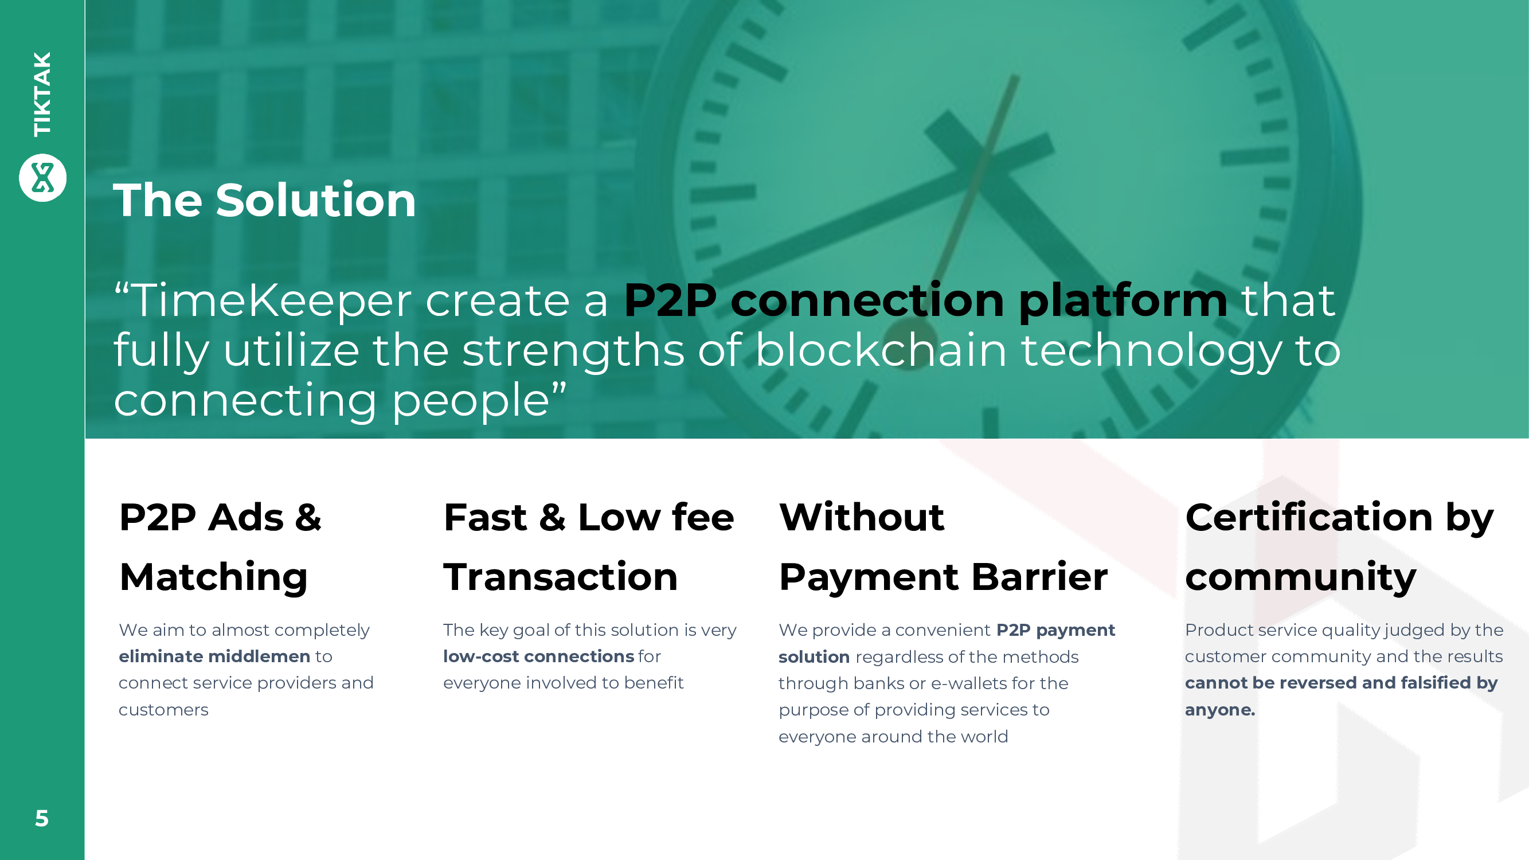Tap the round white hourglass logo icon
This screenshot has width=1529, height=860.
tap(43, 178)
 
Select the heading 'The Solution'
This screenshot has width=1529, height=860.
tap(265, 200)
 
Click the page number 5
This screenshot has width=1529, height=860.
tap(41, 819)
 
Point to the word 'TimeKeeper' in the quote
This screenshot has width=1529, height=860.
tap(271, 300)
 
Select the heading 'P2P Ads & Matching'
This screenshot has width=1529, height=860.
tap(220, 546)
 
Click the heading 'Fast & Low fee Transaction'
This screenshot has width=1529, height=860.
tap(589, 546)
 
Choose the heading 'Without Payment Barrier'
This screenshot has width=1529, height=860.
tap(943, 546)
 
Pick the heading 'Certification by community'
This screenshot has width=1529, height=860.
tap(1339, 546)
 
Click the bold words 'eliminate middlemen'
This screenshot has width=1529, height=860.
tap(214, 656)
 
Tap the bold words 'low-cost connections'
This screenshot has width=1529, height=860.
tap(538, 656)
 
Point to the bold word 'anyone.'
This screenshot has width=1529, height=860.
tap(1220, 710)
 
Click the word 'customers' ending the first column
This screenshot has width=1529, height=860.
tap(163, 710)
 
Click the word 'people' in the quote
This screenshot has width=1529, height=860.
tap(471, 401)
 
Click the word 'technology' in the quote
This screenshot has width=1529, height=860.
tap(1151, 351)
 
